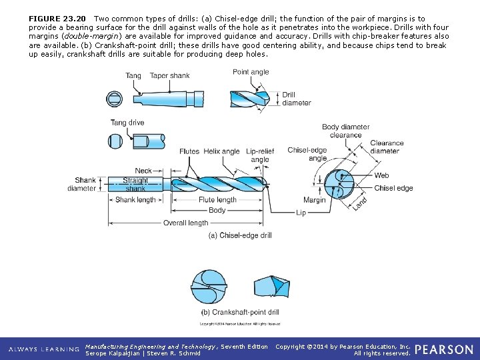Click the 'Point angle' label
pyautogui.click(x=251, y=72)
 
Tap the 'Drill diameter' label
pyautogui.click(x=296, y=99)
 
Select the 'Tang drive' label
pyautogui.click(x=127, y=123)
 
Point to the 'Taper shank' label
pyautogui.click(x=169, y=75)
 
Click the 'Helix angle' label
pyautogui.click(x=221, y=151)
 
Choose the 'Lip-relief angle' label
pyautogui.click(x=260, y=155)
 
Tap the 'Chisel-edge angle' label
pyautogui.click(x=307, y=154)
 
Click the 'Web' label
pyautogui.click(x=381, y=175)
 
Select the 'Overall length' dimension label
pyautogui.click(x=185, y=223)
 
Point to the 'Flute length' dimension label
pyautogui.click(x=217, y=199)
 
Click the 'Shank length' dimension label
pyautogui.click(x=135, y=199)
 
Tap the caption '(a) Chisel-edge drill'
pyautogui.click(x=240, y=235)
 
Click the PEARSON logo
pyautogui.click(x=444, y=349)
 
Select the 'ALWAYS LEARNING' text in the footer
pyautogui.click(x=43, y=349)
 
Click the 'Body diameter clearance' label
pyautogui.click(x=345, y=131)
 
